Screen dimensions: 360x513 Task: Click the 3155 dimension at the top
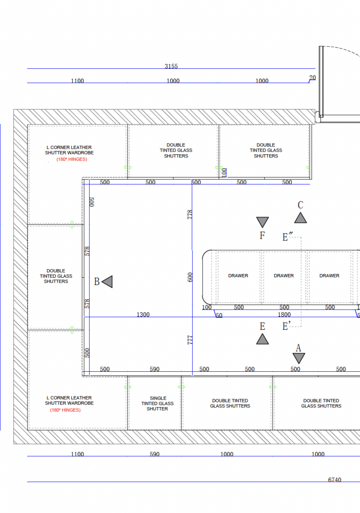tap(171, 66)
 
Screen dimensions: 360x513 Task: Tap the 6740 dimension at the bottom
tap(334, 480)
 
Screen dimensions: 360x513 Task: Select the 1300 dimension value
tap(143, 315)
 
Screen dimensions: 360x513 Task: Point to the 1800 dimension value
tap(284, 315)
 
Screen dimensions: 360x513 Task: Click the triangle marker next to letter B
tap(108, 281)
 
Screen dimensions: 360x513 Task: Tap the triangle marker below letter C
tap(301, 218)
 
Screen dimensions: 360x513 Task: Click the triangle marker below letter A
tap(299, 358)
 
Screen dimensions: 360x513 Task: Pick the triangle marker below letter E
tap(262, 339)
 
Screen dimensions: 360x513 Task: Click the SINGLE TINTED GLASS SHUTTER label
tap(158, 403)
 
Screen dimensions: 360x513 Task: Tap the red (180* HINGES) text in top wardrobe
tap(72, 159)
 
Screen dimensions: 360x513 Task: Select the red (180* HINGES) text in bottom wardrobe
tap(65, 410)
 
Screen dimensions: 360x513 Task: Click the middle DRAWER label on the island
tap(284, 275)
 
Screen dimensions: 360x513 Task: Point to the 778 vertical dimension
tap(190, 215)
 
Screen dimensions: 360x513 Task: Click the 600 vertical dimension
tap(190, 277)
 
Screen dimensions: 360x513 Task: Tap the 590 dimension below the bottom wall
tap(154, 454)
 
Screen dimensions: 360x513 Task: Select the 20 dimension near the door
tap(313, 77)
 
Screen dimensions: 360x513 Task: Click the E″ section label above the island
tap(288, 237)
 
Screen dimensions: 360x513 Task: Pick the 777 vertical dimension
tap(190, 340)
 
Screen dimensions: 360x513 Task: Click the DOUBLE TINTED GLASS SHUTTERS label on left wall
tap(56, 276)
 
